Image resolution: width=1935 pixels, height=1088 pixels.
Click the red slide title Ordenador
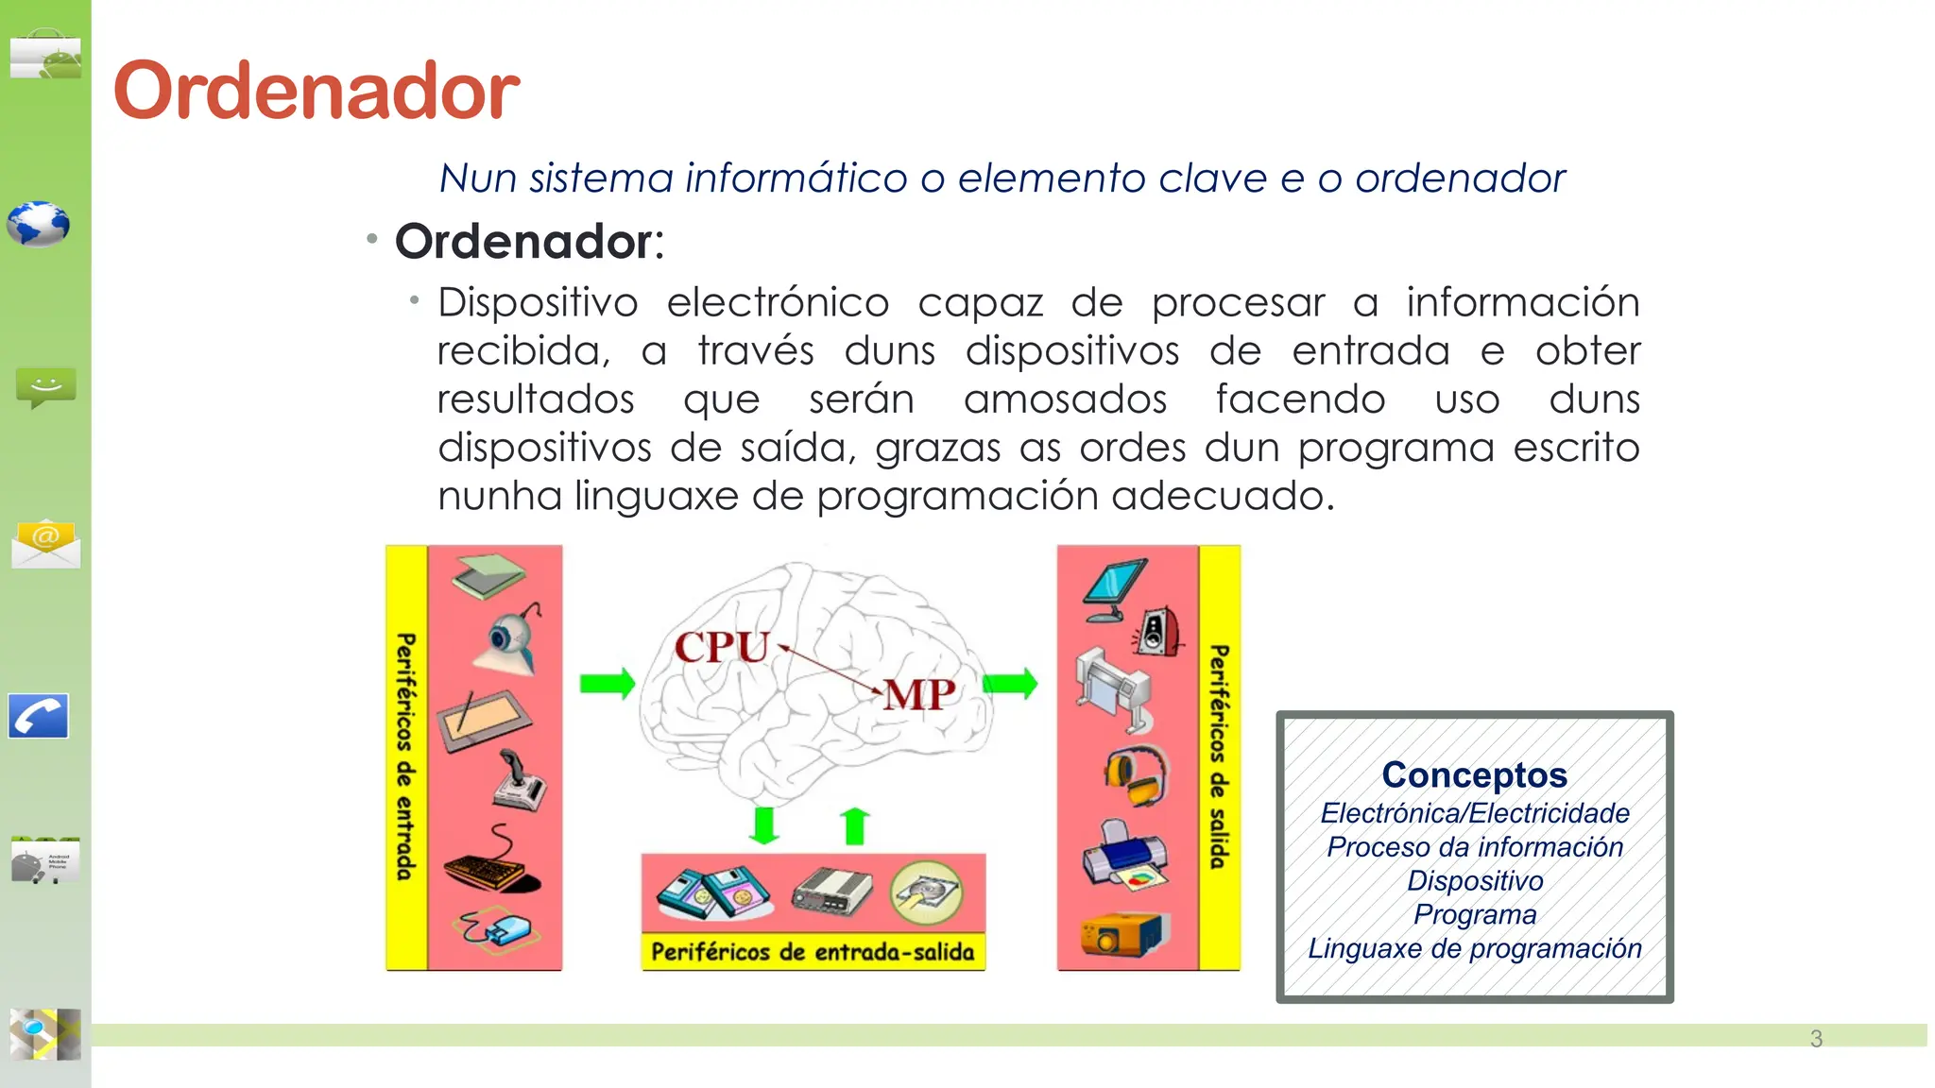[317, 91]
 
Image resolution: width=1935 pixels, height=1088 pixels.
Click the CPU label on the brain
[722, 648]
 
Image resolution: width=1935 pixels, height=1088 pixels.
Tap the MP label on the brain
[919, 695]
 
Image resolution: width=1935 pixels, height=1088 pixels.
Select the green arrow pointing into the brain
[607, 683]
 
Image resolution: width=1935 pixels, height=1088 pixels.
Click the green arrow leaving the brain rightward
[1010, 683]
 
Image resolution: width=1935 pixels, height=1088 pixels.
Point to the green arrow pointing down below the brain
[763, 824]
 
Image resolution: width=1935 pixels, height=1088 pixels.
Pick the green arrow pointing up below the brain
[855, 825]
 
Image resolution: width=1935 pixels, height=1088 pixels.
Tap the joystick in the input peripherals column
[518, 780]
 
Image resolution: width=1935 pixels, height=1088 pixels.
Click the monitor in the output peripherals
[1115, 589]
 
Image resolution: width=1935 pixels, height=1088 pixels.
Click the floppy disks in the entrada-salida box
[714, 892]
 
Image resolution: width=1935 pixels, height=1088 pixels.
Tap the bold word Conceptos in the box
[1474, 774]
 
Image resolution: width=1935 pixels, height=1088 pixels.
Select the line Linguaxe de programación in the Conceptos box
[1474, 948]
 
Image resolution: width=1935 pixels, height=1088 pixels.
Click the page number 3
[1816, 1039]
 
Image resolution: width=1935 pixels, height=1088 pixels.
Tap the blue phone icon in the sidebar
[39, 716]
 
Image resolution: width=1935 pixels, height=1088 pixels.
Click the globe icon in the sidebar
[39, 225]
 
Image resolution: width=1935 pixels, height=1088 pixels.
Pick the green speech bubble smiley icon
[45, 387]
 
